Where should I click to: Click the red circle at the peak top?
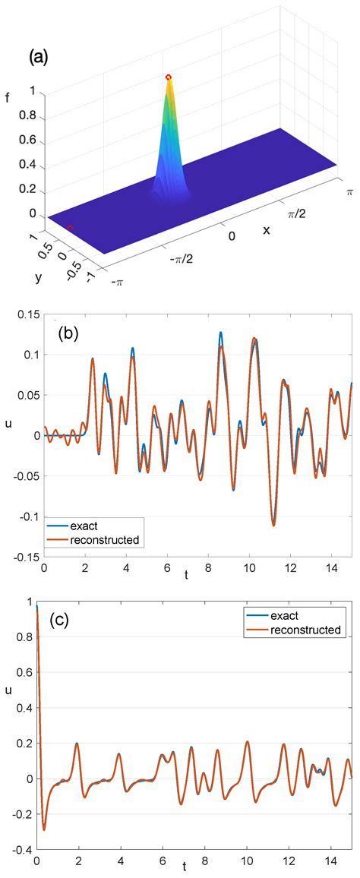169,77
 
